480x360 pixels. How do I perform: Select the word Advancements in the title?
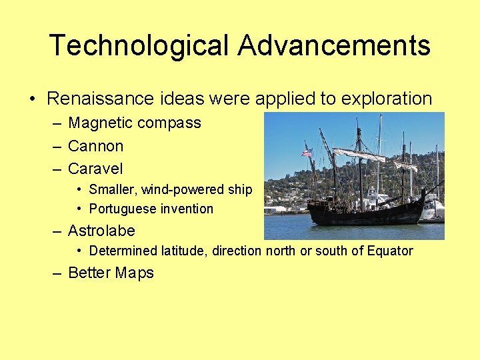click(x=334, y=46)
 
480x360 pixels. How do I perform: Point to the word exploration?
click(x=387, y=99)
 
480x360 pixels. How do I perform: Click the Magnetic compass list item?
click(x=134, y=123)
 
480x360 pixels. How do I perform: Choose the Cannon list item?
click(x=95, y=146)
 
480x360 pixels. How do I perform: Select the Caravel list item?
click(x=95, y=169)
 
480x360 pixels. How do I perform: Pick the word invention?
click(x=187, y=209)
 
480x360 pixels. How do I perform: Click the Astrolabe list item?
click(x=101, y=231)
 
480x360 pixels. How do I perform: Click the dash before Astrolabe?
click(x=57, y=231)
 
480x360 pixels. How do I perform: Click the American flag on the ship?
click(x=307, y=153)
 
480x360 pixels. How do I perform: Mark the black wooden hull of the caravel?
click(x=367, y=212)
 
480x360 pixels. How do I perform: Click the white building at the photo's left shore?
click(x=275, y=209)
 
